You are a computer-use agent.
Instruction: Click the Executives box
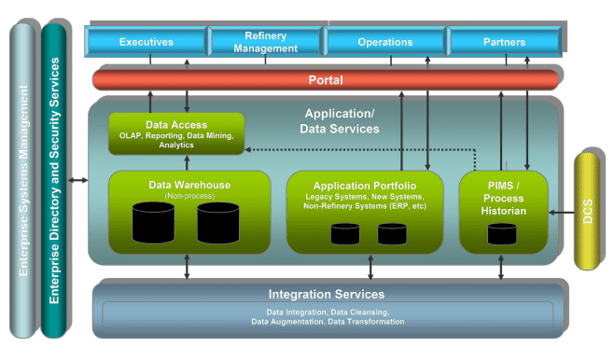pyautogui.click(x=146, y=42)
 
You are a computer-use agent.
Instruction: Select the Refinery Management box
pyautogui.click(x=265, y=42)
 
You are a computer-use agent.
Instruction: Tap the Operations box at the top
pyautogui.click(x=384, y=42)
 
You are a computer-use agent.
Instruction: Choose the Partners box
pyautogui.click(x=504, y=42)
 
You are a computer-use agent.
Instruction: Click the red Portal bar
pyautogui.click(x=326, y=80)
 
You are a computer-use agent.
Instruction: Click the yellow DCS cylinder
pyautogui.click(x=587, y=213)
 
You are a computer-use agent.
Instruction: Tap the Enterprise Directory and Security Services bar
pyautogui.click(x=54, y=182)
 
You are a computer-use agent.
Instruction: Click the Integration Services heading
pyautogui.click(x=327, y=294)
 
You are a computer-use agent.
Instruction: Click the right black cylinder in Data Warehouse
pyautogui.click(x=218, y=223)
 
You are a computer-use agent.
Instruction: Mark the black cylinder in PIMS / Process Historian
pyautogui.click(x=504, y=233)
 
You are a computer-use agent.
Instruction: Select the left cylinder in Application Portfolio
pyautogui.click(x=344, y=233)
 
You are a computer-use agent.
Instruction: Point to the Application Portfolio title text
pyautogui.click(x=365, y=186)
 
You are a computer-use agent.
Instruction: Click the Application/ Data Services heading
pyautogui.click(x=340, y=121)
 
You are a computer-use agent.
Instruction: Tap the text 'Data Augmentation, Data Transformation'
pyautogui.click(x=328, y=322)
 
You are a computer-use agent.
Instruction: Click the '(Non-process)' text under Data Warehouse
pyautogui.click(x=189, y=195)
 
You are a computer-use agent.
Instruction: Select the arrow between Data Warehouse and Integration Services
pyautogui.click(x=188, y=267)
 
